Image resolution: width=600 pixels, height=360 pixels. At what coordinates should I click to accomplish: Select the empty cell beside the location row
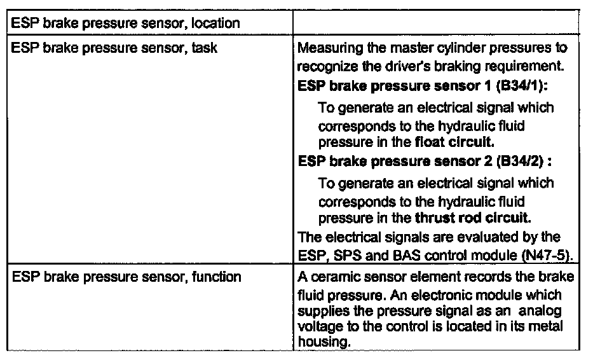point(435,24)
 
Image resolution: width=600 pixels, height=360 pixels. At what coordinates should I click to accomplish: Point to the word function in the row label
point(217,277)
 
